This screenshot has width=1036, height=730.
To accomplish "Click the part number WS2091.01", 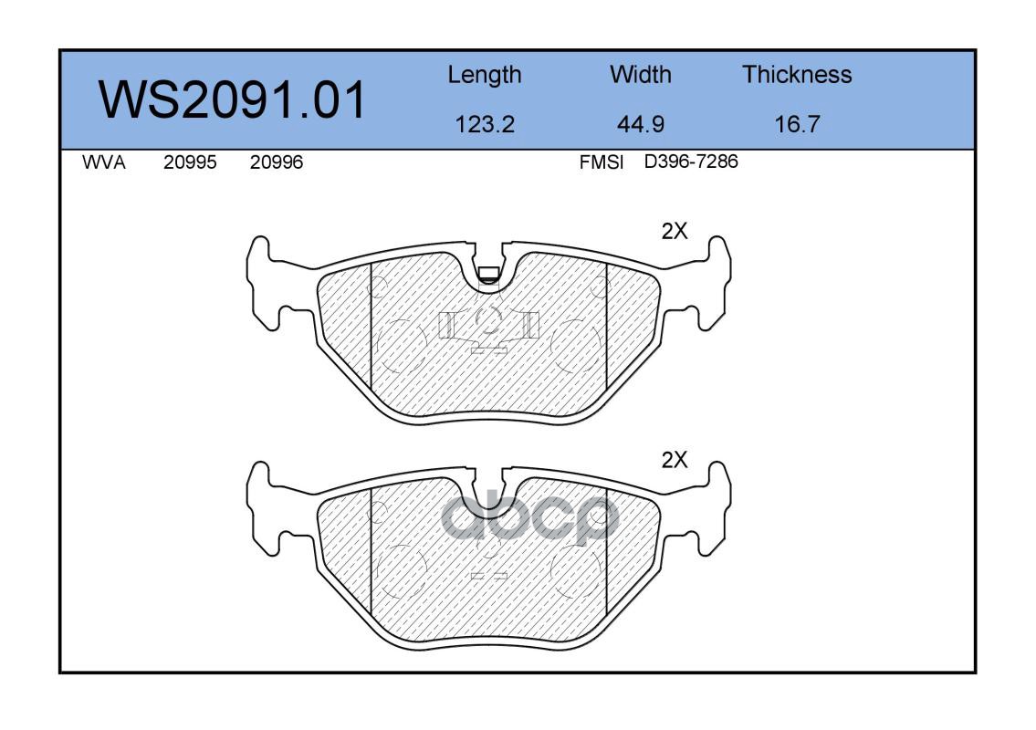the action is point(232,99).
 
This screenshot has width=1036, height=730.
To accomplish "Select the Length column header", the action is point(485,76).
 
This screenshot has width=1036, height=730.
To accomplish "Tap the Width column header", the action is point(640,74).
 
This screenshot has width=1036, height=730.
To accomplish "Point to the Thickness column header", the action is point(797,74).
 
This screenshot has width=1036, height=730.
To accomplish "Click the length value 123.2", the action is point(485,124).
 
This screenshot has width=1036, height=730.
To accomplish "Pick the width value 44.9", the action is point(640,124).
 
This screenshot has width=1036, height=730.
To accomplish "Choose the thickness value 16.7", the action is point(797,124).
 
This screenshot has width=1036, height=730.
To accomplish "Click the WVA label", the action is point(104,162).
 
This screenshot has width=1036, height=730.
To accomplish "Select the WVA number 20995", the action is point(190,162).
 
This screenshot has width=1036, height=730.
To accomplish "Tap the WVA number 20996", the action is point(277,162).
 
